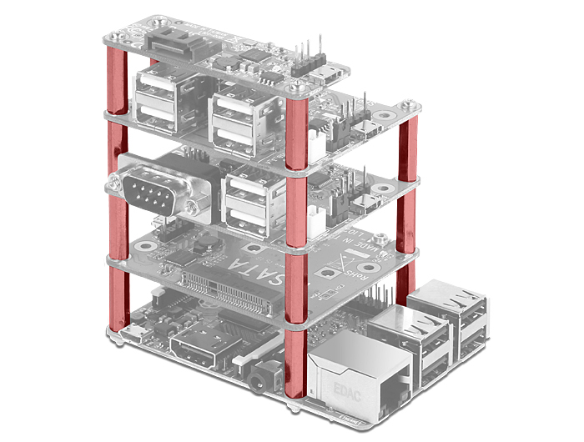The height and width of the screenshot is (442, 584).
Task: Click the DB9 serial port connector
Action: tap(154, 191)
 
